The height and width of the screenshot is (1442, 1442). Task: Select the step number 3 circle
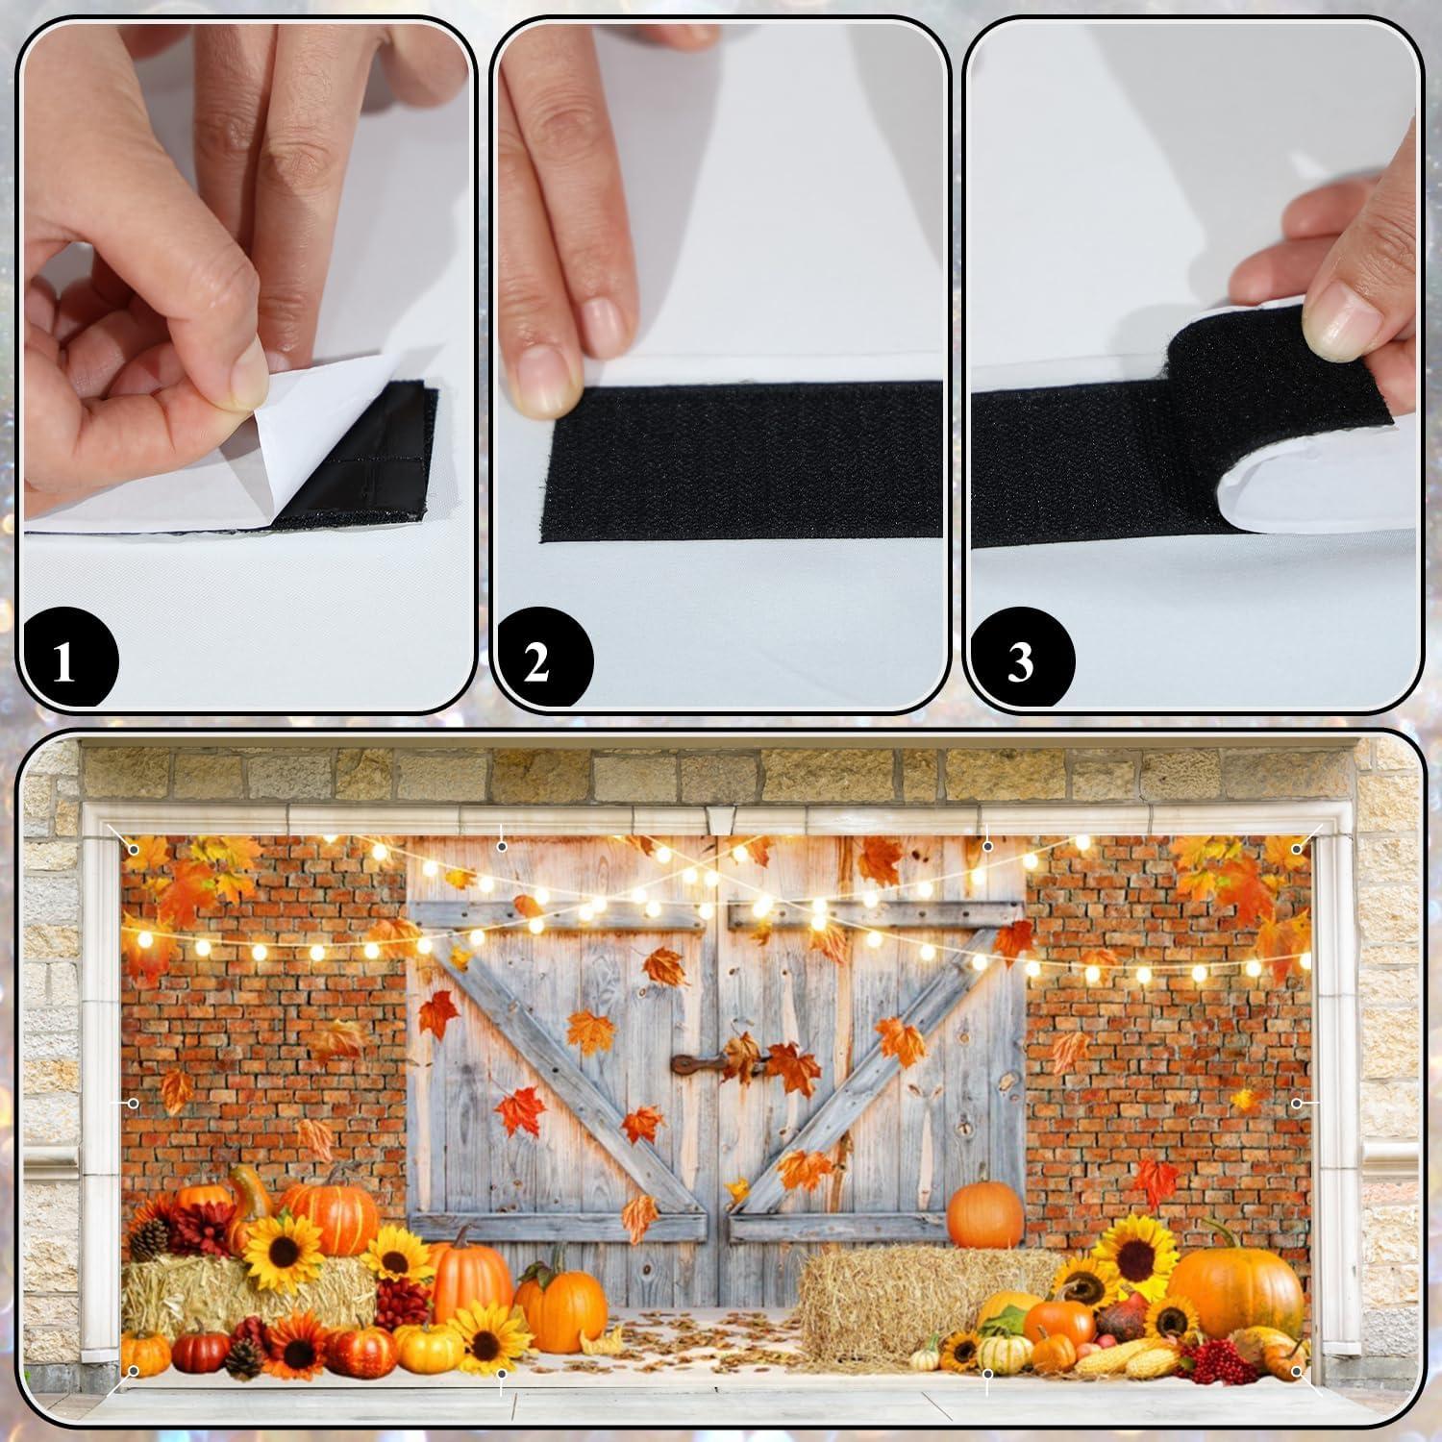pyautogui.click(x=1021, y=662)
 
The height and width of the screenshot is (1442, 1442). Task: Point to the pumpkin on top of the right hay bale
pyautogui.click(x=984, y=1213)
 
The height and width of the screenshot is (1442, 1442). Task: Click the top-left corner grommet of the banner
pyautogui.click(x=133, y=847)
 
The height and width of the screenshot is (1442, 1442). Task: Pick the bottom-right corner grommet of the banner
pyautogui.click(x=1298, y=1370)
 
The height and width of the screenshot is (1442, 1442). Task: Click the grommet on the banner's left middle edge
pyautogui.click(x=134, y=1103)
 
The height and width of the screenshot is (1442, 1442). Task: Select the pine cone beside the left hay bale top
pyautogui.click(x=149, y=1240)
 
